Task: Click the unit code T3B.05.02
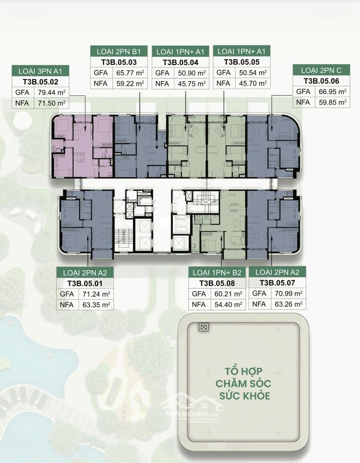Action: point(40,82)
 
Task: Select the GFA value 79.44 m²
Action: point(51,93)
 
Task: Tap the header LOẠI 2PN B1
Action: point(119,52)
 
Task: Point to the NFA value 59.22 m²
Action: point(130,84)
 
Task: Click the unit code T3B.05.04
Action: point(180,63)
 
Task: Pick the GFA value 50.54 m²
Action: point(253,72)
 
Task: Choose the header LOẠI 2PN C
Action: point(321,71)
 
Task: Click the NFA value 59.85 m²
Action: point(333,102)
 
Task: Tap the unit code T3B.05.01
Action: point(85,283)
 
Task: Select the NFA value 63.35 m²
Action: point(96,305)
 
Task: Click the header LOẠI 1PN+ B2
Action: point(217,273)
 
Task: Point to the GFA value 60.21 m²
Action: point(228,294)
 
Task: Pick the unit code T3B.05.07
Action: point(277,283)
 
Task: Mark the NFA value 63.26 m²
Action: point(288,304)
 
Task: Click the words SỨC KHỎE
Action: point(245,395)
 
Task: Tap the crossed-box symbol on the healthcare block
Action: point(203,327)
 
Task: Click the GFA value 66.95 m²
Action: point(333,92)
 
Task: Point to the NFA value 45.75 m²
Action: point(192,84)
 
